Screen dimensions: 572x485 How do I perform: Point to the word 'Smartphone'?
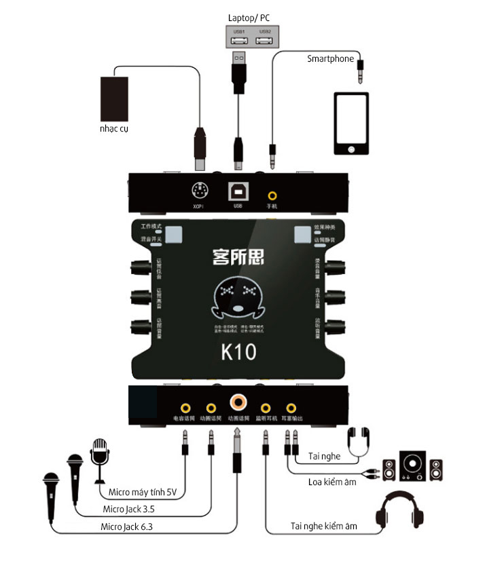click(x=331, y=59)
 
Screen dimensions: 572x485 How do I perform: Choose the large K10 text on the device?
click(x=238, y=354)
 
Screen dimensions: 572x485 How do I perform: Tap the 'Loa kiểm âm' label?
click(x=334, y=482)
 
